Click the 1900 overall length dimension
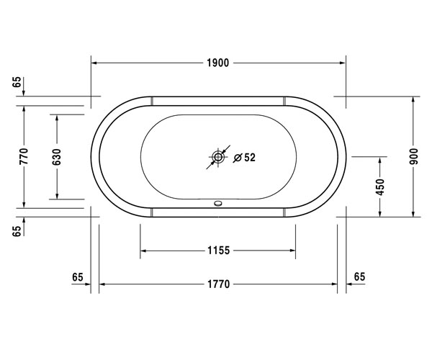tap(217, 63)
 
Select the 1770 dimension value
tap(218, 284)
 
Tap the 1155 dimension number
tap(218, 251)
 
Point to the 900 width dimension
tap(413, 156)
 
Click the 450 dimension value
tap(380, 187)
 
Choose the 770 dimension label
tap(24, 156)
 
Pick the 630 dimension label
tap(57, 157)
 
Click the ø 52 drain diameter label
tap(244, 158)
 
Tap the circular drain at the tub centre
tap(218, 157)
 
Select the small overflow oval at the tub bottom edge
tap(218, 204)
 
